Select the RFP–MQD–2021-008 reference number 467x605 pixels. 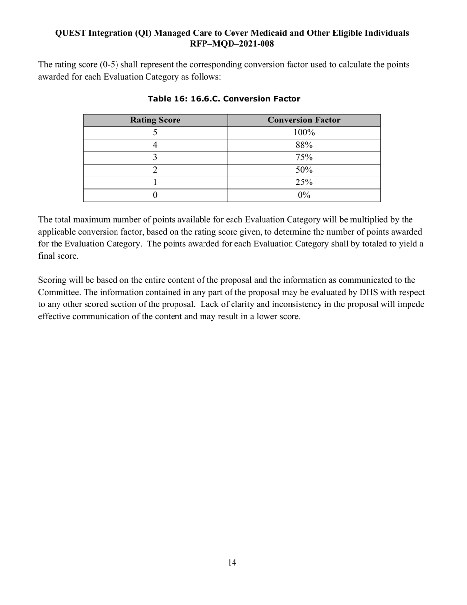[232, 43]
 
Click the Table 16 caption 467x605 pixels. [224, 99]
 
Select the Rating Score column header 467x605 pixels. [155, 120]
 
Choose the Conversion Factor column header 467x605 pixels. [304, 120]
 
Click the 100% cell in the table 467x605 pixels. [304, 132]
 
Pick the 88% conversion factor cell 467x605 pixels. [304, 145]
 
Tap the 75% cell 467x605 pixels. [304, 157]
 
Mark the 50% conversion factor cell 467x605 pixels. [304, 170]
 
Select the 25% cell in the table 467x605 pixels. [304, 182]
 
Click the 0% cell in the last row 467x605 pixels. [304, 195]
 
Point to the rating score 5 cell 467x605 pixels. [155, 132]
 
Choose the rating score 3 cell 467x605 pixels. [155, 157]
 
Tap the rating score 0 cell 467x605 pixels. [155, 195]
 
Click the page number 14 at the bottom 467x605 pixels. [232, 563]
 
